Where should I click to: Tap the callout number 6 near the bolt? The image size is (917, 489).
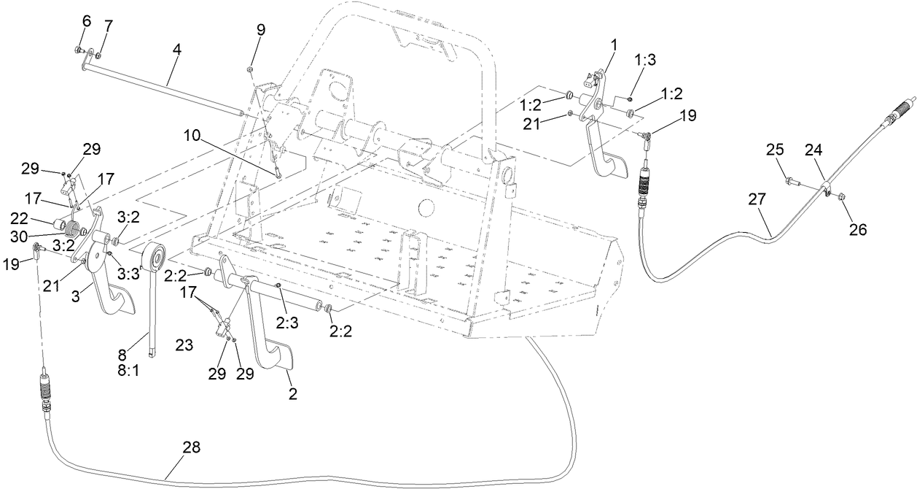point(86,23)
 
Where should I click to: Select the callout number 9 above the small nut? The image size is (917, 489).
point(260,30)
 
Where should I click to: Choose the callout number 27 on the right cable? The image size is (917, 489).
point(758,199)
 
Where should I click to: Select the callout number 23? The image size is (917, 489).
point(184,345)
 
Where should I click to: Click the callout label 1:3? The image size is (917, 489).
point(645,60)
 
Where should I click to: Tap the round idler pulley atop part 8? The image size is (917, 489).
point(155,257)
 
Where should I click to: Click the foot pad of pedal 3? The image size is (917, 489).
point(120,299)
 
